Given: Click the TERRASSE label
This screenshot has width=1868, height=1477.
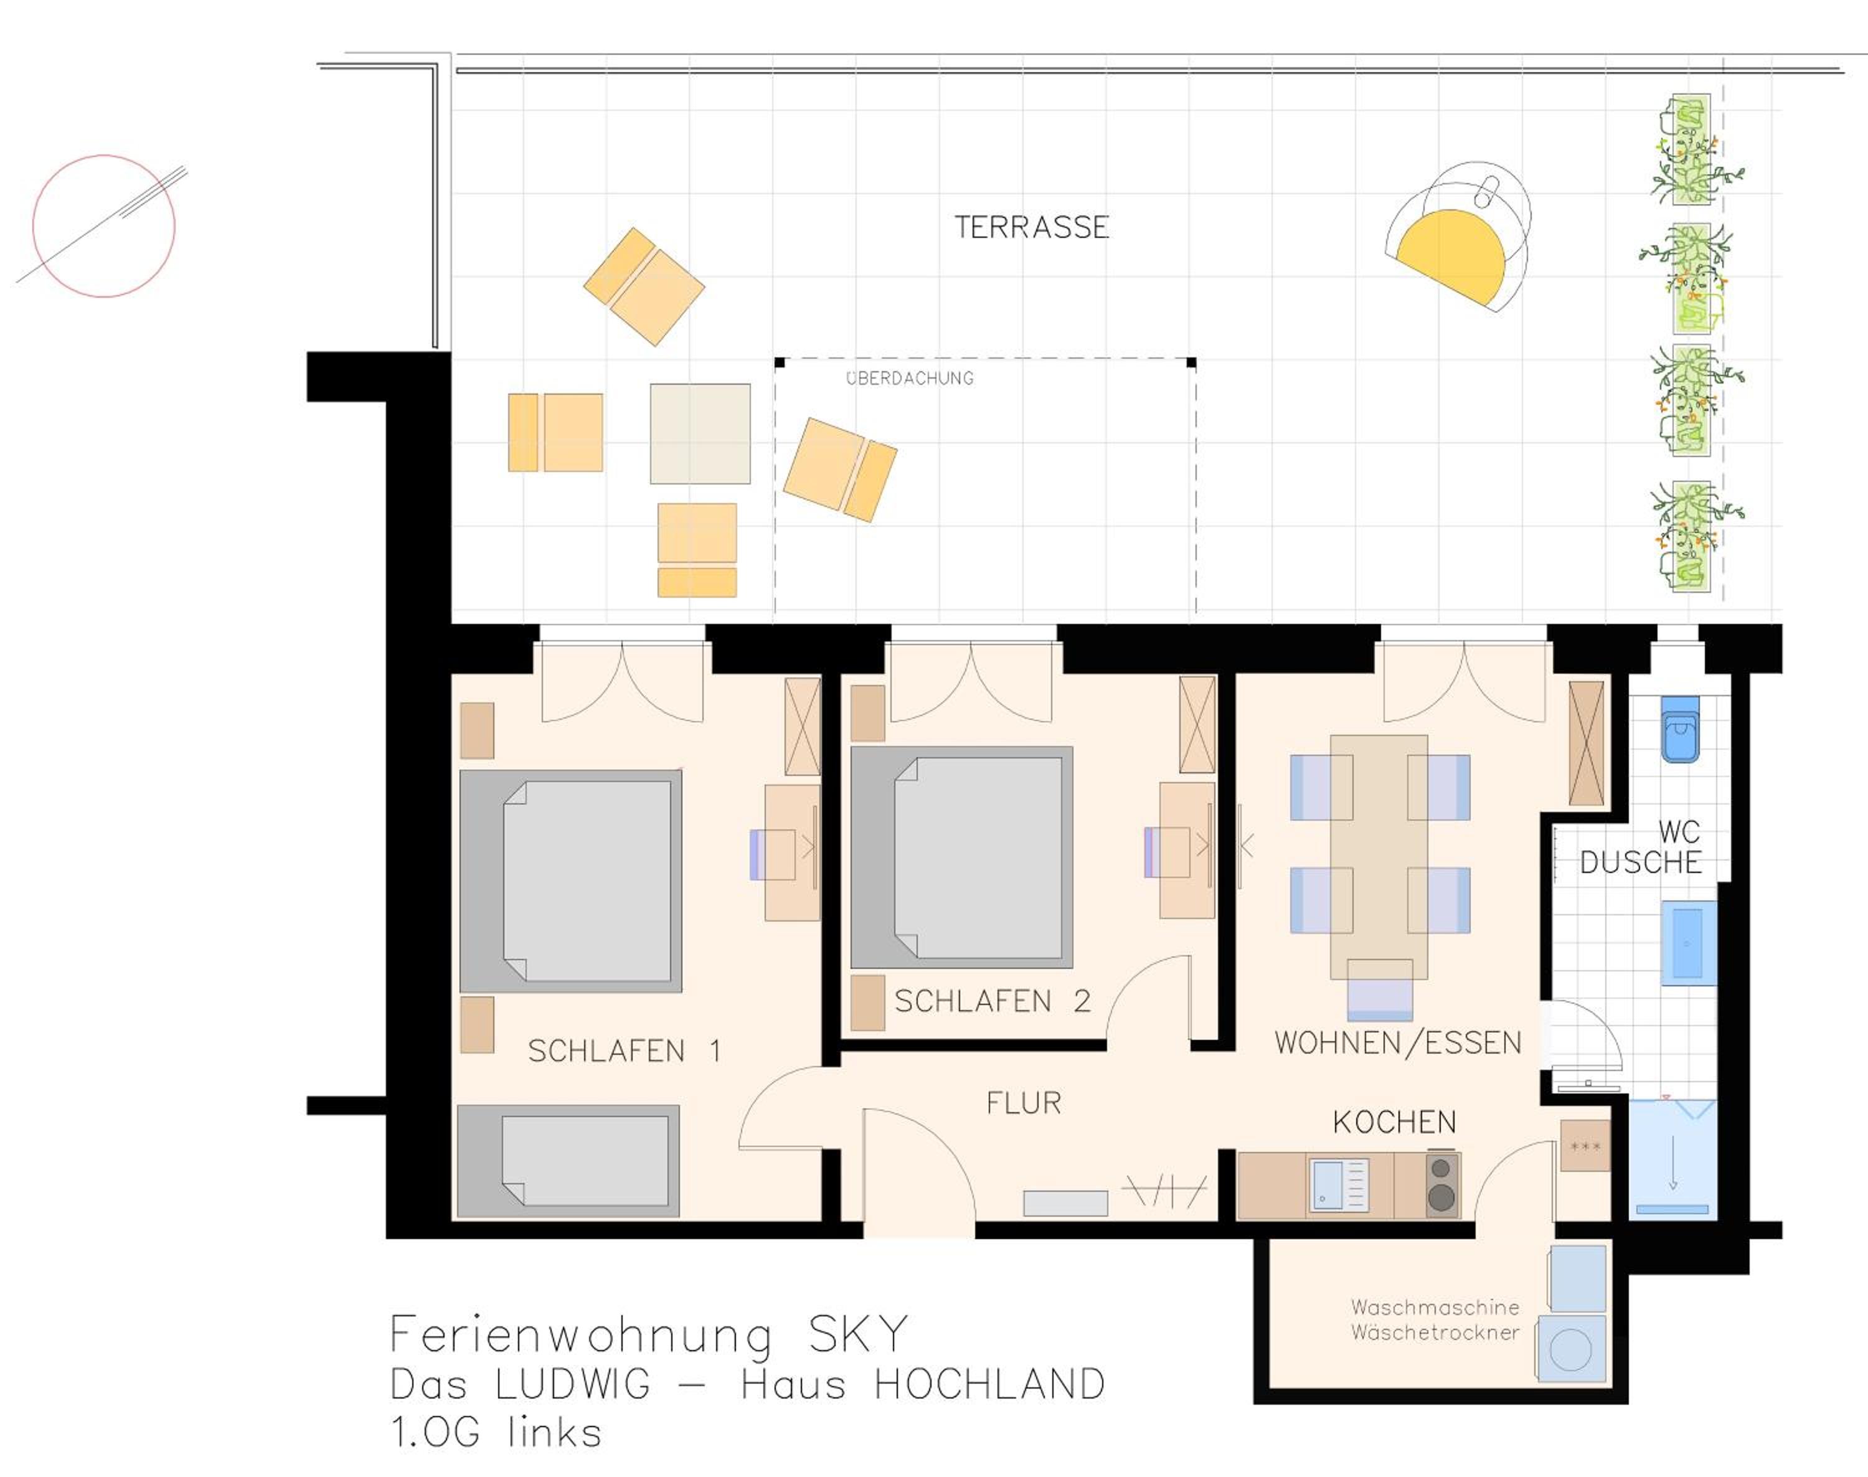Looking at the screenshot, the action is pos(1031,227).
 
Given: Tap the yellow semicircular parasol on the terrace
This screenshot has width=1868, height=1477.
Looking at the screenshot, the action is pos(1453,253).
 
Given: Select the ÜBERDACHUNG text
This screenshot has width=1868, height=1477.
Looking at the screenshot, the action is pos(910,378).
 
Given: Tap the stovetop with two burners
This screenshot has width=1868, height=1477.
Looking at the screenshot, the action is pos(1441,1184).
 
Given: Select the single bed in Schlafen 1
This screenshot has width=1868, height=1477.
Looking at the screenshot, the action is pos(568,1161).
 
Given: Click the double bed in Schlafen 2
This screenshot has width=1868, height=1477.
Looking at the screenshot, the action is pos(961,857).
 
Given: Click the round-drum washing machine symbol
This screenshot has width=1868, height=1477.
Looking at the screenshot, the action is pos(1572,1349).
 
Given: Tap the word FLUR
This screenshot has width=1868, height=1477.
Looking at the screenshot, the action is pos(1024,1103).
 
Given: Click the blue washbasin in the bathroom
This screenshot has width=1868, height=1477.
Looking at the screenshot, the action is pos(1688,943).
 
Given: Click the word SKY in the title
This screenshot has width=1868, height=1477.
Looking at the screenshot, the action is pos(858,1334).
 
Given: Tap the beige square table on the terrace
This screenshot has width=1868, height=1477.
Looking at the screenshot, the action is pos(700,433).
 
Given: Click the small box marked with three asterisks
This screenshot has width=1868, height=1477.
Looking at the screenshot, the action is pos(1585,1146).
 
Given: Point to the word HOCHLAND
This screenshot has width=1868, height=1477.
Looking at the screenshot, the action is pos(989,1384).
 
